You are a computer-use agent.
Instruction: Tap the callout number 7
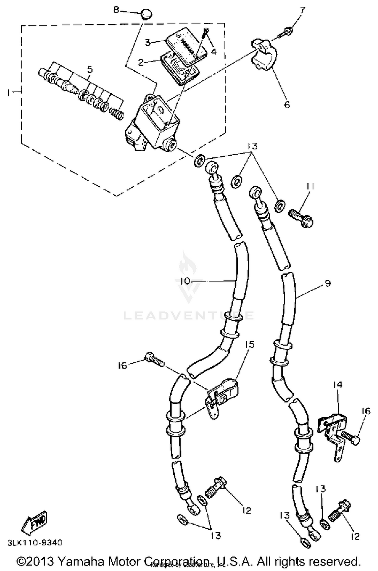[303, 11]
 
